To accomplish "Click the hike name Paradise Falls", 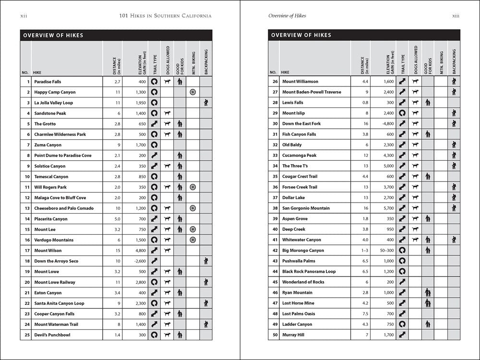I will click(48, 82).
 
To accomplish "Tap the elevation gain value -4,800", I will click(384, 123).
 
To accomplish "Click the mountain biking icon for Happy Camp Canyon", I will click(192, 92).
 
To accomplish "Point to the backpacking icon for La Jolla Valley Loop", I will click(205, 103).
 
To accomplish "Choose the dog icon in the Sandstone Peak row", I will click(167, 113).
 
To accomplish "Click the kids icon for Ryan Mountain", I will click(428, 292).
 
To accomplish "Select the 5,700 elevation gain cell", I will click(384, 208).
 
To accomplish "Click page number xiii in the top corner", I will click(456, 16).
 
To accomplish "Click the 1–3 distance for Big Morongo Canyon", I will click(360, 250).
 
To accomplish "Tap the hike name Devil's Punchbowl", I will click(52, 335).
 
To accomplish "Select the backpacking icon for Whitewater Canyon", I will click(453, 240).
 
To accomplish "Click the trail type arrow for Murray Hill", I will click(402, 335).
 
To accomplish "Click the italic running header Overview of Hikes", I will click(287, 16).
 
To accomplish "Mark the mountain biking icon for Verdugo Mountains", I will click(192, 240).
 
